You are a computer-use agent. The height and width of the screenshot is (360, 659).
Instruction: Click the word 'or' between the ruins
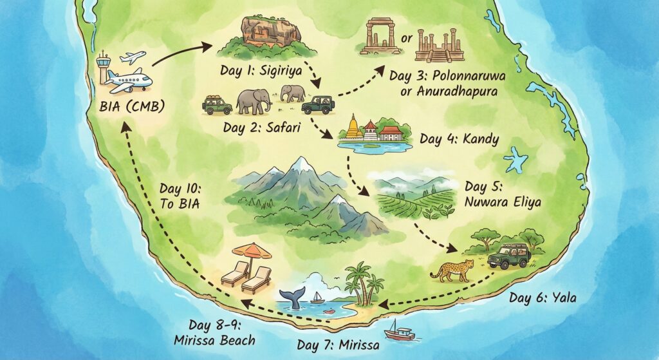click(x=406, y=39)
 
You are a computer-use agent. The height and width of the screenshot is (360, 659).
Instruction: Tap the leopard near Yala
click(x=452, y=270)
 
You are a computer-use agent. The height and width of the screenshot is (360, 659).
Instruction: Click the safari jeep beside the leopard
click(x=509, y=255)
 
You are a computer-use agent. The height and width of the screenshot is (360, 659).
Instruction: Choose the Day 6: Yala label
click(x=543, y=298)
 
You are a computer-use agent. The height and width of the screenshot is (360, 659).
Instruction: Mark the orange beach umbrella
click(x=252, y=251)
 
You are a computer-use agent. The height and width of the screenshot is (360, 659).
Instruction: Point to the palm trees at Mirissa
click(x=364, y=282)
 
